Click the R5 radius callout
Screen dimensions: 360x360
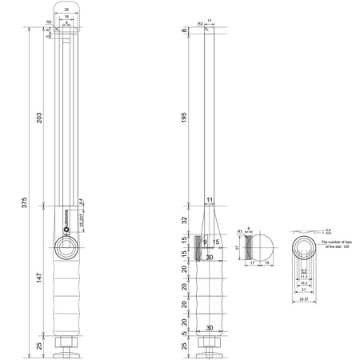pos(50,22)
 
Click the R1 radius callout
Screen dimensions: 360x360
pos(240,231)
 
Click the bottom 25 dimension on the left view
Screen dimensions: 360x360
pos(38,345)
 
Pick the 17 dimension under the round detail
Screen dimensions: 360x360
pos(253,262)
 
